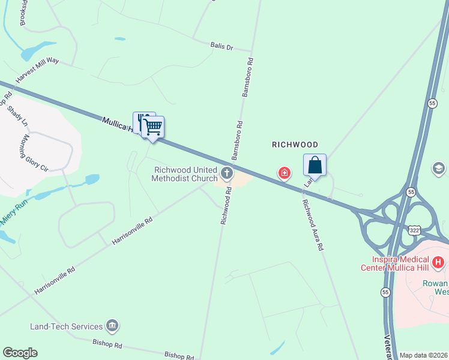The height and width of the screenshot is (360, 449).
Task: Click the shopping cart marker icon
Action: (154, 127)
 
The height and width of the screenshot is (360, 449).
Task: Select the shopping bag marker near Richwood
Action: (315, 164)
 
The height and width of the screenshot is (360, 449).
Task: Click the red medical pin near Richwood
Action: (284, 173)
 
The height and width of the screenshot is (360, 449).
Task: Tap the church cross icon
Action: (227, 174)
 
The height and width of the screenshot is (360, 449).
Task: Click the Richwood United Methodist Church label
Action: (184, 174)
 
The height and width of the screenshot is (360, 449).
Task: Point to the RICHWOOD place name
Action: (295, 145)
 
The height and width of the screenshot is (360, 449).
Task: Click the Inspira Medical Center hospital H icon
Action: (439, 262)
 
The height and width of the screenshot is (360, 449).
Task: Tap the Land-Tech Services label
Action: (66, 326)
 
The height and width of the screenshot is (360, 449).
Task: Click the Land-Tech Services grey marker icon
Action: (112, 326)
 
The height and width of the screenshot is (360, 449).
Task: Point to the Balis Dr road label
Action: (221, 46)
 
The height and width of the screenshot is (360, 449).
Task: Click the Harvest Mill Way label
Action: (37, 70)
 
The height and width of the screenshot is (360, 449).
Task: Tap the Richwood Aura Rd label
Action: (314, 224)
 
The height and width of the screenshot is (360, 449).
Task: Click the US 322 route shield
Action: (414, 230)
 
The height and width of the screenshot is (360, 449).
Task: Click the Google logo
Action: (20, 353)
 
